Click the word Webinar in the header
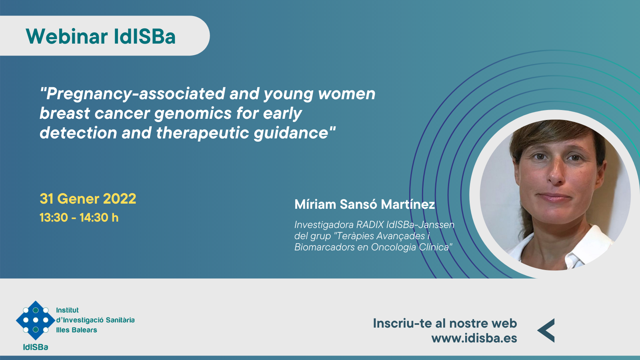[67, 36]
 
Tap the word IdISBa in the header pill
[144, 36]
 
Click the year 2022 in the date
[120, 198]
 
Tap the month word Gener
[78, 198]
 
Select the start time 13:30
[54, 218]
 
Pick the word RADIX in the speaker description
[370, 225]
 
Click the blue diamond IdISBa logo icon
[36, 320]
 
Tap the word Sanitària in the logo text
[119, 320]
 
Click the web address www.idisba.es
[474, 338]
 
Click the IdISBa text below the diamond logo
[36, 347]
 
